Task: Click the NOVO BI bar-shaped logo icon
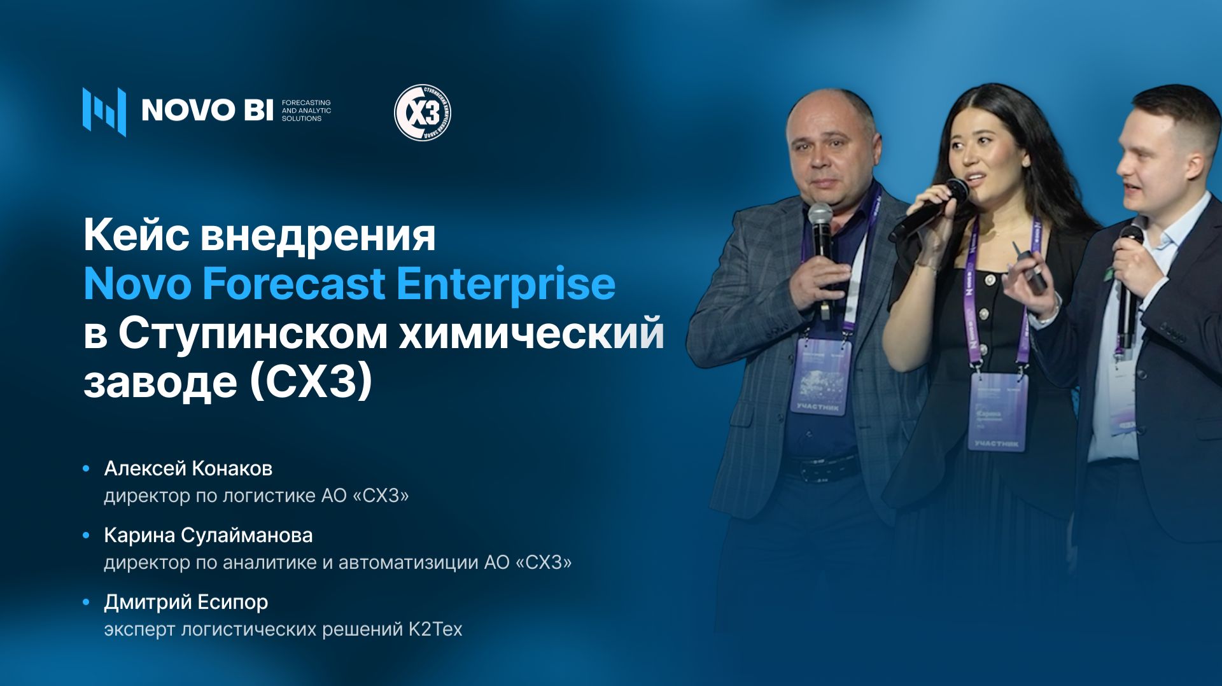(104, 111)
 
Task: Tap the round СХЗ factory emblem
(423, 113)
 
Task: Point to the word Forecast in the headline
(293, 283)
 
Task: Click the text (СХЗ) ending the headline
(310, 381)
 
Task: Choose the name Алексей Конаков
(188, 468)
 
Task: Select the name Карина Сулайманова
(208, 535)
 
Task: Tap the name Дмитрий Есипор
(186, 602)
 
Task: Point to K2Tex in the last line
(435, 629)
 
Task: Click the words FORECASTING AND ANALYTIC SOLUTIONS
(306, 110)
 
